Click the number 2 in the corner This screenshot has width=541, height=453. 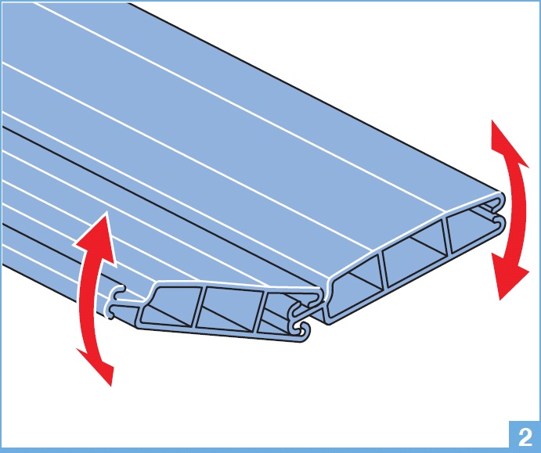pyautogui.click(x=525, y=437)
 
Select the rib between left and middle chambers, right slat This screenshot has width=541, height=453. pyautogui.click(x=383, y=270)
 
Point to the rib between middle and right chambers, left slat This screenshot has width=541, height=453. pyautogui.click(x=261, y=312)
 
